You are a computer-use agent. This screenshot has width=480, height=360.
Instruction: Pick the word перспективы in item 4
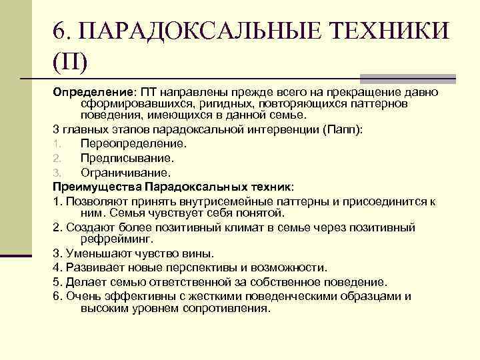[x=179, y=267]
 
